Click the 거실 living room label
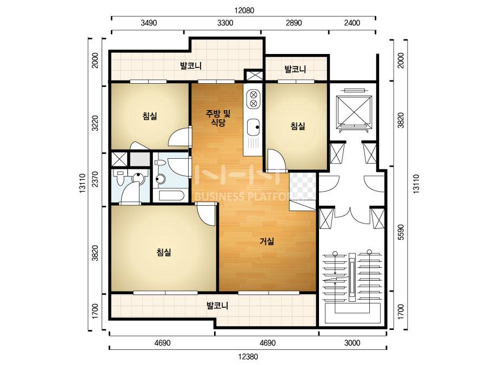pyautogui.click(x=267, y=242)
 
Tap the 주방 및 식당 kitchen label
pyautogui.click(x=218, y=118)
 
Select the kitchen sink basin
pyautogui.click(x=254, y=127)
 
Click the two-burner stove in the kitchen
pyautogui.click(x=254, y=99)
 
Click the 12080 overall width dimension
pyautogui.click(x=244, y=10)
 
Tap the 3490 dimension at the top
pyautogui.click(x=149, y=23)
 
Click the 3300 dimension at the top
pyautogui.click(x=225, y=23)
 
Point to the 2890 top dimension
pyautogui.click(x=294, y=23)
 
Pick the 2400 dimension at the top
pyautogui.click(x=352, y=23)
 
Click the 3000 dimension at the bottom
pyautogui.click(x=352, y=343)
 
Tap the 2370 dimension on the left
pyautogui.click(x=95, y=179)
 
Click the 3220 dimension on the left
pyautogui.click(x=95, y=123)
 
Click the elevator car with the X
pyautogui.click(x=354, y=110)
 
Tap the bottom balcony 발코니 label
pyautogui.click(x=217, y=306)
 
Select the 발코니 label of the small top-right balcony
pyautogui.click(x=295, y=69)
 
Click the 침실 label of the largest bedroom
pyautogui.click(x=164, y=253)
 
